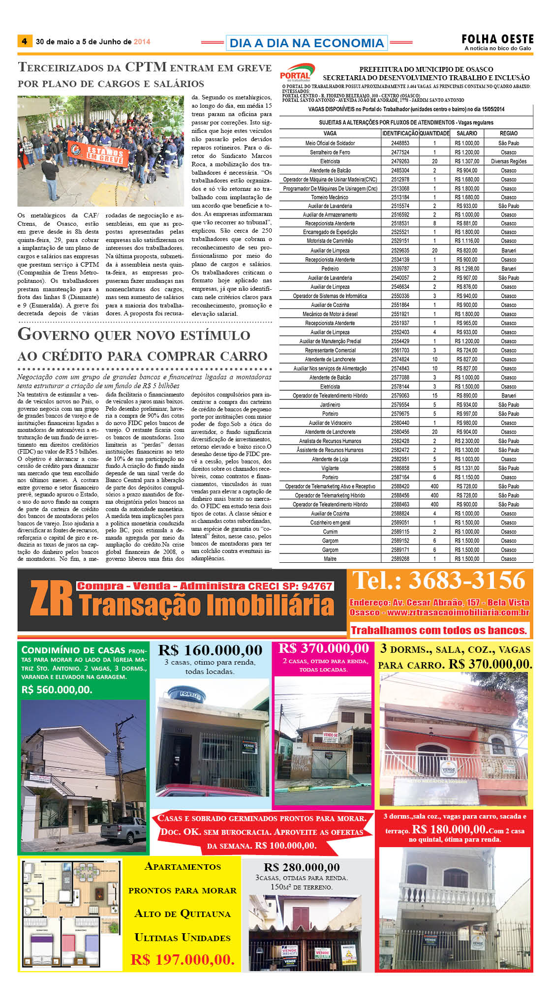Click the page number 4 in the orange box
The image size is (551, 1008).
click(25, 41)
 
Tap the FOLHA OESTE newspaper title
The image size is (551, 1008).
click(497, 39)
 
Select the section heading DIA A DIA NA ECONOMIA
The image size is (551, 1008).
click(306, 43)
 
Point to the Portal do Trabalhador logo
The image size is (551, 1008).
click(297, 73)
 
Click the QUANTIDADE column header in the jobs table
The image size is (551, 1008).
click(434, 133)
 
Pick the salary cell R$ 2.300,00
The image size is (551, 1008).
click(466, 441)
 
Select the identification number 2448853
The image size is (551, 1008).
click(400, 143)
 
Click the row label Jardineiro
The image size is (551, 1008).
click(330, 405)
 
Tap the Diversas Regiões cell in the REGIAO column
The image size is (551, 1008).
click(508, 161)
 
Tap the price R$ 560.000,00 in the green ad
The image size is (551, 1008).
click(57, 690)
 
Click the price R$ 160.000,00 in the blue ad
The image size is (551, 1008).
click(210, 650)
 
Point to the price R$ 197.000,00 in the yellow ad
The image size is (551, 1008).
click(183, 959)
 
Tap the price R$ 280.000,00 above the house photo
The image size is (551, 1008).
click(302, 867)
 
